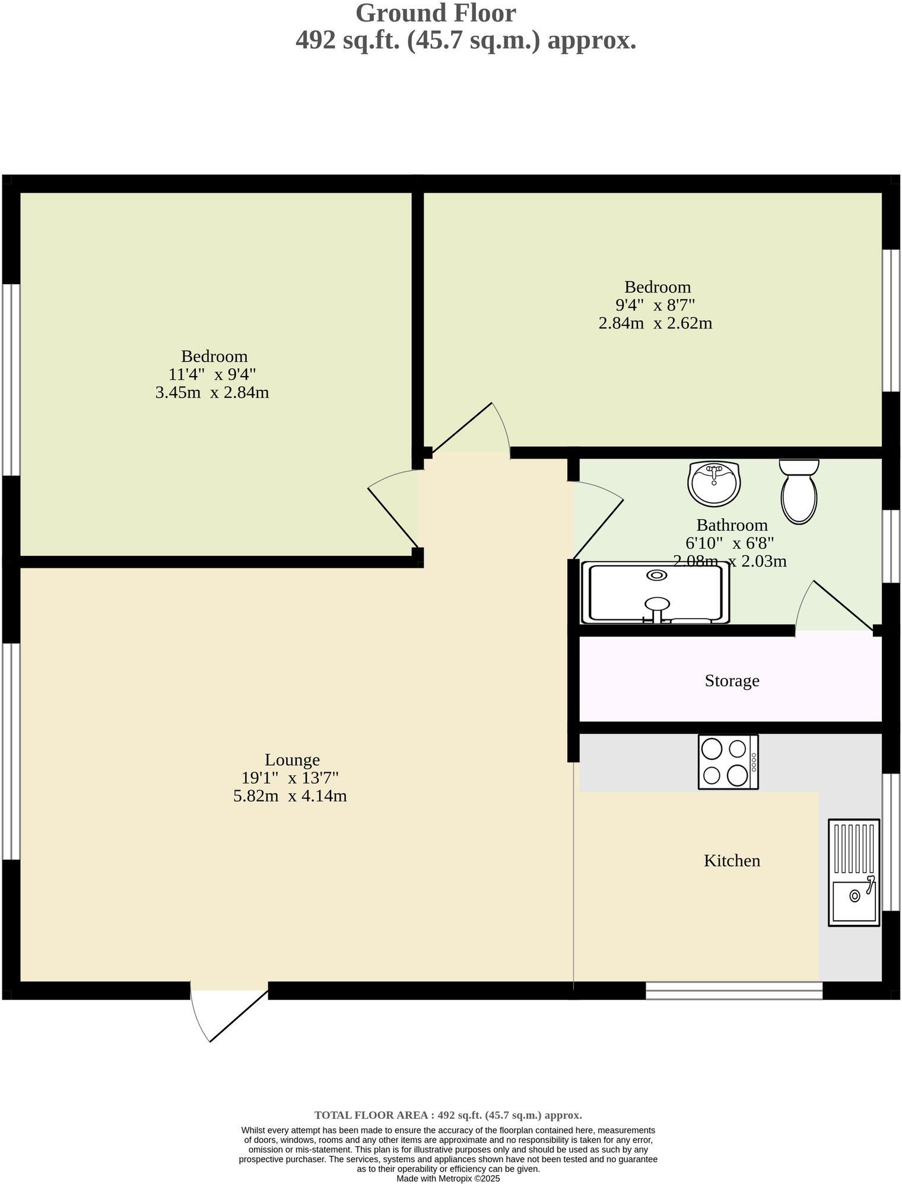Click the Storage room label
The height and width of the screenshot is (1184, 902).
pyautogui.click(x=731, y=680)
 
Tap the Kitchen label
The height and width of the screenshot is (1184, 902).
pyautogui.click(x=731, y=861)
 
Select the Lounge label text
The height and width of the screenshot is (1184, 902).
pyautogui.click(x=292, y=760)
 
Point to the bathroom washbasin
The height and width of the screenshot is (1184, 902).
pyautogui.click(x=714, y=483)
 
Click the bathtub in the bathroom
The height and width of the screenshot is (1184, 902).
pyautogui.click(x=655, y=593)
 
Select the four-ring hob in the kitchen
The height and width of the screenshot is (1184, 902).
pyautogui.click(x=728, y=762)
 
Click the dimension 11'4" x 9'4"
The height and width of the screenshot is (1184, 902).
pyautogui.click(x=212, y=374)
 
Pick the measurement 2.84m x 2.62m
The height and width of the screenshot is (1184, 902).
pyautogui.click(x=655, y=323)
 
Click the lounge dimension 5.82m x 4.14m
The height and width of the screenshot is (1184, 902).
pyautogui.click(x=290, y=796)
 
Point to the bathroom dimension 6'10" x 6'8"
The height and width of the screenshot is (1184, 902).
pyautogui.click(x=729, y=543)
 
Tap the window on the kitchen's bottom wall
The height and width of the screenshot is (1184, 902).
pyautogui.click(x=733, y=990)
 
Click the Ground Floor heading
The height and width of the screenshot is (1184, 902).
pyautogui.click(x=436, y=13)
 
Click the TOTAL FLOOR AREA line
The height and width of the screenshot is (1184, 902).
pyautogui.click(x=447, y=1115)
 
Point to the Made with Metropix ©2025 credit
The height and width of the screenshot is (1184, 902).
pyautogui.click(x=448, y=1179)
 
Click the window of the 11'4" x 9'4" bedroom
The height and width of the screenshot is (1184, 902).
pyautogui.click(x=11, y=380)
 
